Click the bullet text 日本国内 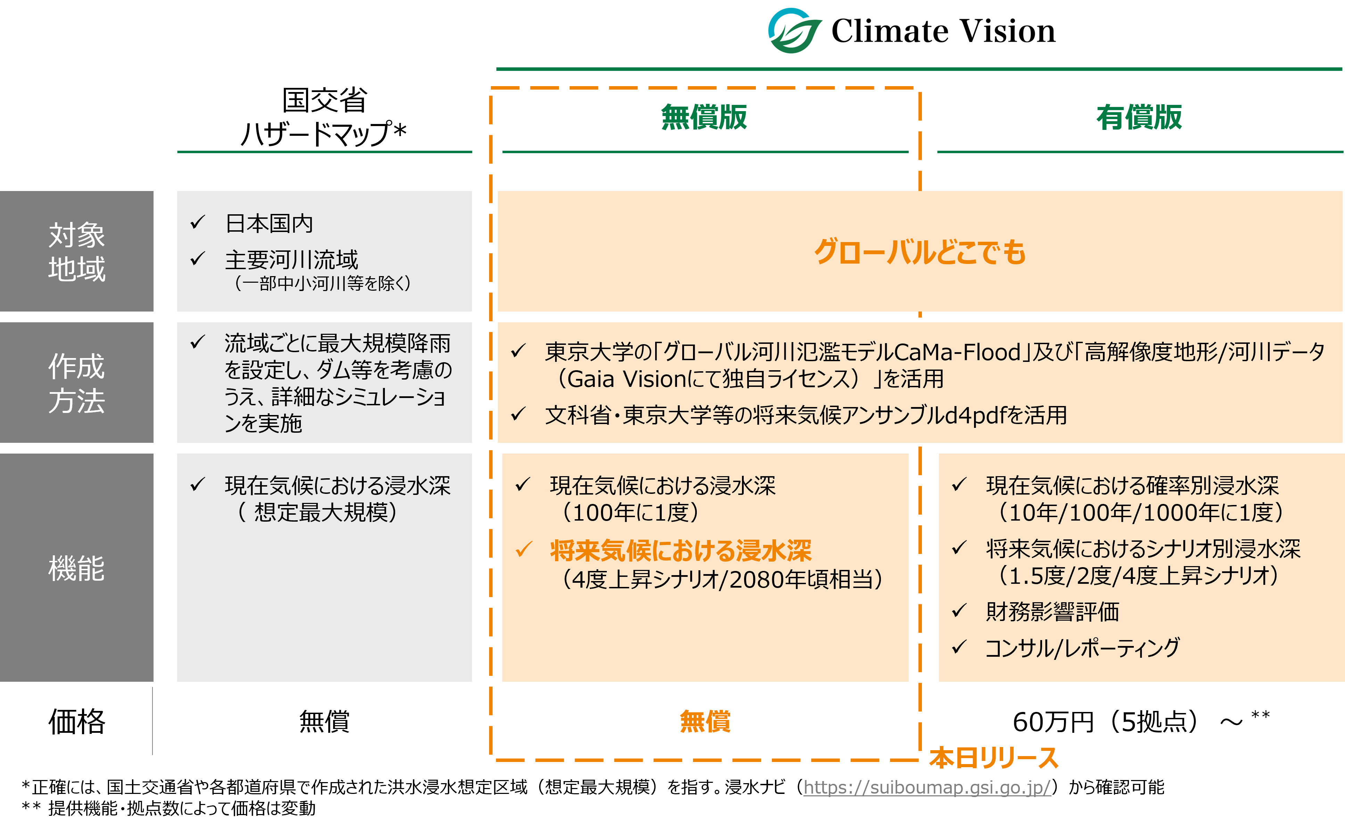(269, 224)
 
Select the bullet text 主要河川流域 (291, 260)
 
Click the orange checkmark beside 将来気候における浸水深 (523, 549)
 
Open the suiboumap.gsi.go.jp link (927, 787)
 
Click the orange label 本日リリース (993, 758)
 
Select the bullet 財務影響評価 (1052, 611)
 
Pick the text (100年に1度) (630, 513)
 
